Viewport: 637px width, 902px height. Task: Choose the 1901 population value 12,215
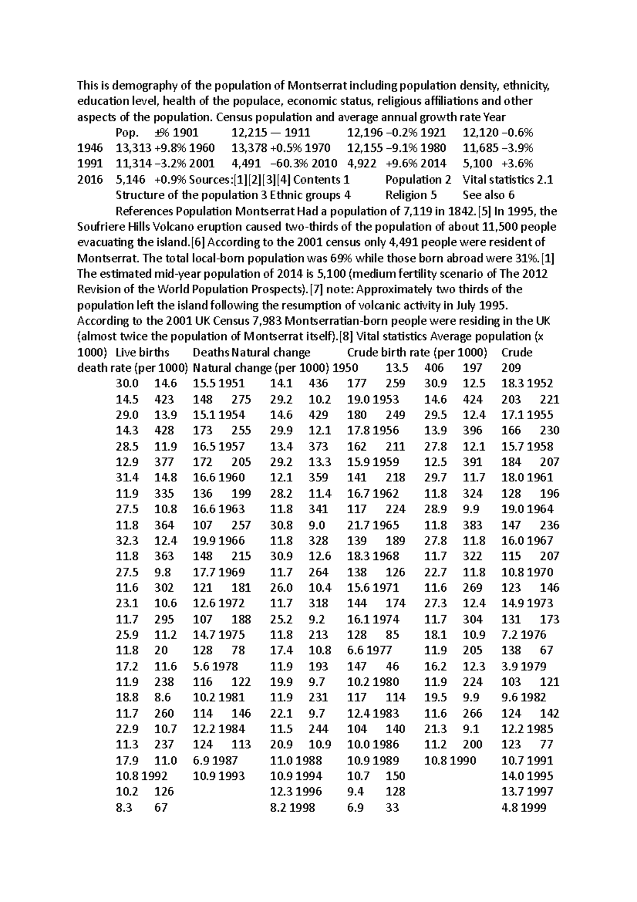(249, 132)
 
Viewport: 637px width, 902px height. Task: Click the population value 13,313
(133, 148)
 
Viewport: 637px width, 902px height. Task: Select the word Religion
(407, 195)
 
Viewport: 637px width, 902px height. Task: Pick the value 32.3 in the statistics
(127, 541)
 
